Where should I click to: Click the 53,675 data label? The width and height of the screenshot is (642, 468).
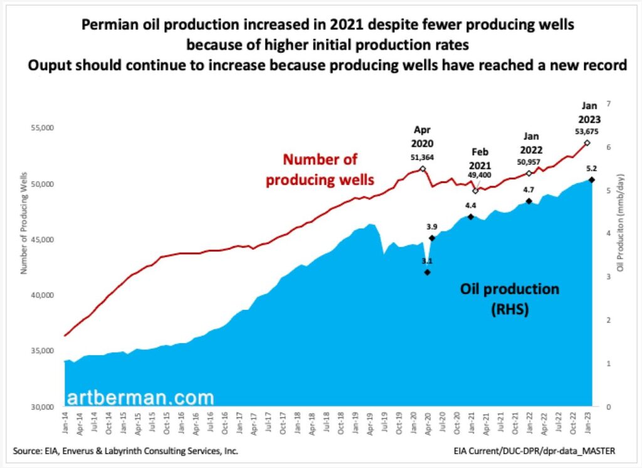click(x=587, y=132)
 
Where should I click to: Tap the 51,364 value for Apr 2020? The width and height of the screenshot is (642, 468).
click(x=423, y=157)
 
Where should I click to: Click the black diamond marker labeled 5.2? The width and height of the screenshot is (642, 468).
click(x=592, y=180)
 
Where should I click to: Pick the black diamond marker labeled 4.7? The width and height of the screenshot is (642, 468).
click(x=529, y=201)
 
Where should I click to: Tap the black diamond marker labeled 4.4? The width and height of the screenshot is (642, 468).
click(x=471, y=216)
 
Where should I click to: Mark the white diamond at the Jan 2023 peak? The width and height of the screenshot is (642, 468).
click(x=587, y=143)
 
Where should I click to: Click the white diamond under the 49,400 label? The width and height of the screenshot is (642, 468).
click(x=475, y=190)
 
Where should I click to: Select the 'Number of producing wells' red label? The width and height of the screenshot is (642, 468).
click(x=320, y=170)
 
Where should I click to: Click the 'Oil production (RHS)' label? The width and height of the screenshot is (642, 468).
click(x=510, y=299)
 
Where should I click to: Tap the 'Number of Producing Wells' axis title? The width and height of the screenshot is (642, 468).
click(x=24, y=213)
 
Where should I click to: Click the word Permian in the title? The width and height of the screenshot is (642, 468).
click(x=110, y=26)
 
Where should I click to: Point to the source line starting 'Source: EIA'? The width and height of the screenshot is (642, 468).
click(x=125, y=451)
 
